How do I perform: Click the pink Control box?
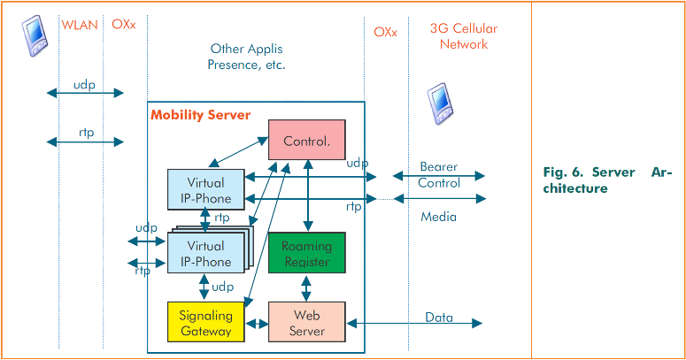305,141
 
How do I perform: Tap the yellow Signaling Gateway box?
205,323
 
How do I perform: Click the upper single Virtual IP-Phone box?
204,188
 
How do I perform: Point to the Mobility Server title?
201,114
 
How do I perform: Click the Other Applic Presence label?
247,56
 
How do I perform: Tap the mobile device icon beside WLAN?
35,35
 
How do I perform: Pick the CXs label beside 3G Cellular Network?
385,32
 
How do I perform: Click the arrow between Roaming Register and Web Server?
305,287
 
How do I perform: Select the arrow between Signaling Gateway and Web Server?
257,325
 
